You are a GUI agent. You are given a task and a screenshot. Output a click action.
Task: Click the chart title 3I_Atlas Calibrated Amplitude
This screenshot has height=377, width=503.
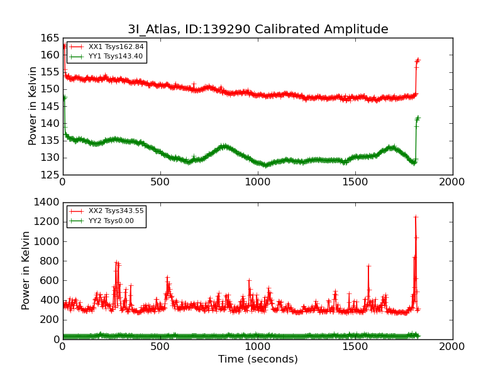(x=258, y=30)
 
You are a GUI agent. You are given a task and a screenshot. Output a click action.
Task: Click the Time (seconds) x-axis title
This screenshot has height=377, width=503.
(x=258, y=359)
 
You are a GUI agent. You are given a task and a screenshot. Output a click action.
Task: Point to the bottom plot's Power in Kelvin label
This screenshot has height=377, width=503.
(x=26, y=270)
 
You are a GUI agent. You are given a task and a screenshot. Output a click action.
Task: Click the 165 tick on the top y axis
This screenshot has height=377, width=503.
(x=50, y=38)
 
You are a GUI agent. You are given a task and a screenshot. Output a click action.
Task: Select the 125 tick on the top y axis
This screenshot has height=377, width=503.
(x=50, y=175)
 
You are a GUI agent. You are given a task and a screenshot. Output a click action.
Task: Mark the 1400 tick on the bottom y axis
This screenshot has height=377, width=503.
(x=47, y=203)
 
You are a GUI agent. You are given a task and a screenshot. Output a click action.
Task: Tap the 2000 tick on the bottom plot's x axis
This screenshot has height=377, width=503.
(x=452, y=346)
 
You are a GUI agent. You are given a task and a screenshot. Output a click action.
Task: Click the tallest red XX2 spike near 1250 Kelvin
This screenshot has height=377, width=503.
(x=416, y=217)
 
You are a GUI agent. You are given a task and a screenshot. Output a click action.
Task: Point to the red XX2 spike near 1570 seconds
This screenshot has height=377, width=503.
(x=368, y=266)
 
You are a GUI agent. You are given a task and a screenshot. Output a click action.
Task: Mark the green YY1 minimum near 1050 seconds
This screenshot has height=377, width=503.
(x=267, y=165)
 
